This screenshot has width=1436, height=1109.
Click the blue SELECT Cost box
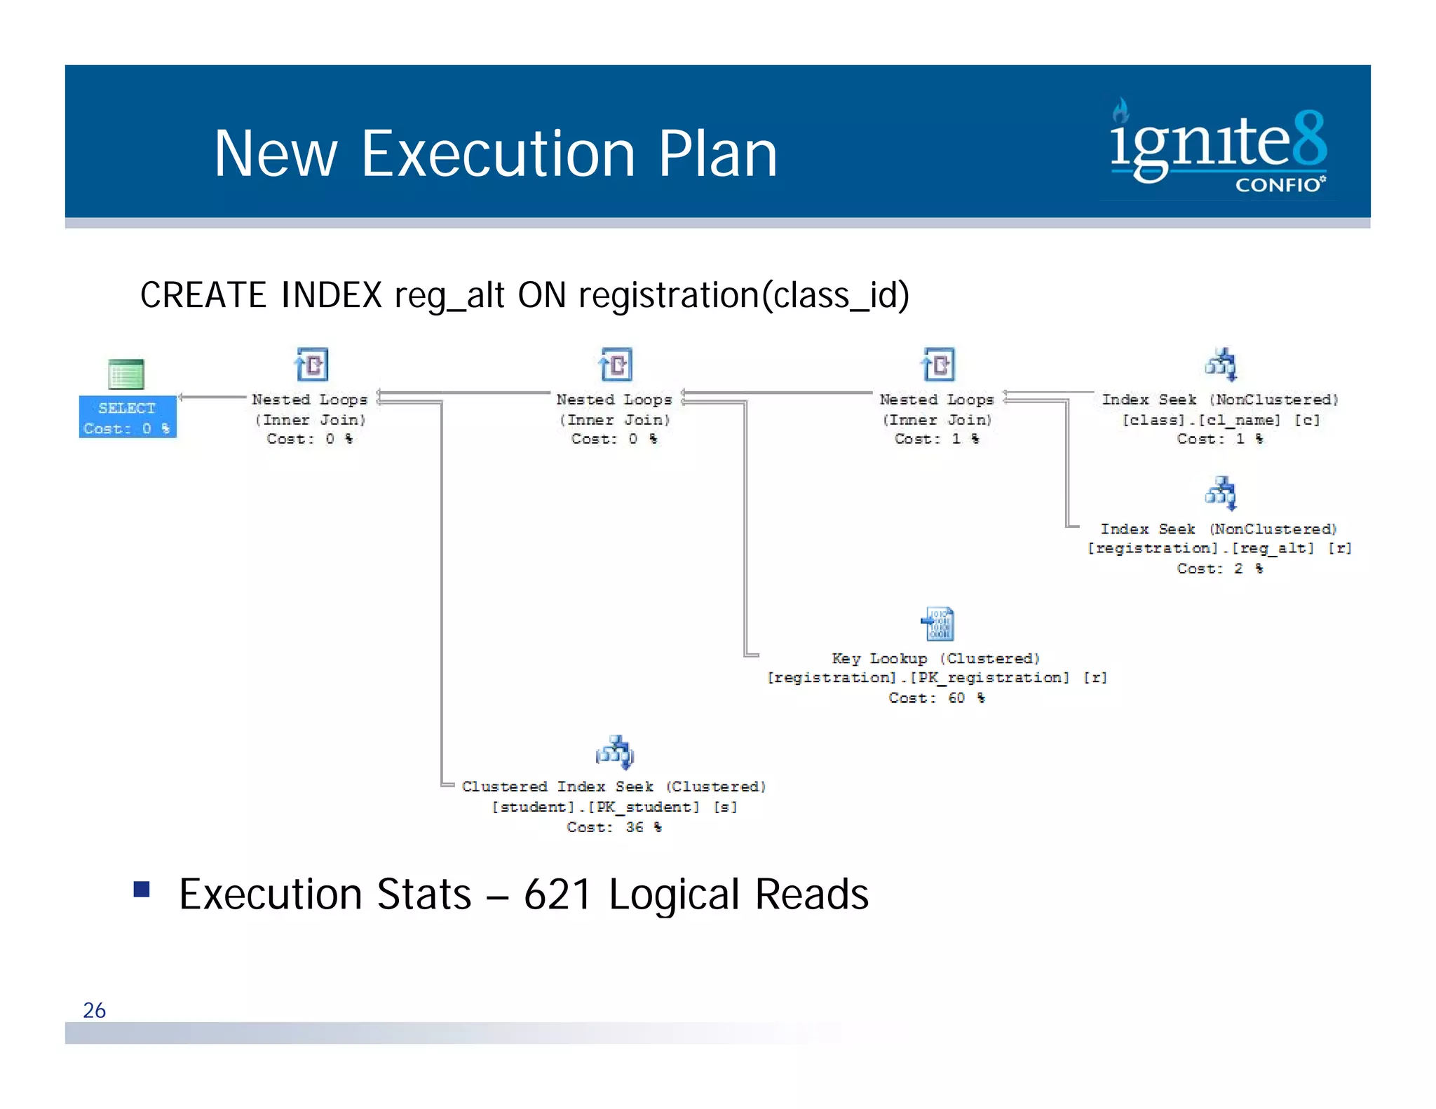click(x=127, y=417)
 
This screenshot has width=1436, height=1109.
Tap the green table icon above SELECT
click(x=126, y=374)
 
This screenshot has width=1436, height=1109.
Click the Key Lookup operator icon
click(x=937, y=624)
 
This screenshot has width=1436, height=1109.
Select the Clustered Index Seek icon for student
click(x=614, y=752)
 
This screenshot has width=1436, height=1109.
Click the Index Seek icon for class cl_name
click(x=1221, y=365)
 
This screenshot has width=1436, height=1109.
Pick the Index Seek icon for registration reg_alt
click(x=1221, y=494)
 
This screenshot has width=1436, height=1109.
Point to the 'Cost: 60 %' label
click(x=936, y=698)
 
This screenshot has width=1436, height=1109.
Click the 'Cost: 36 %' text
click(x=614, y=827)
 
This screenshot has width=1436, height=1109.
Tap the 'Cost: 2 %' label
click(x=1219, y=569)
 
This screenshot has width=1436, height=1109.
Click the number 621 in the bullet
click(x=557, y=894)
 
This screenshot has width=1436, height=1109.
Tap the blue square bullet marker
click(x=142, y=890)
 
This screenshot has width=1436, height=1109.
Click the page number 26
click(x=94, y=1010)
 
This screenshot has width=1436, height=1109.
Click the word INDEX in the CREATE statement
click(x=331, y=295)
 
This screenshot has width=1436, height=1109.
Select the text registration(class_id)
click(x=744, y=295)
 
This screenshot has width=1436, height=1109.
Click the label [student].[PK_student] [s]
click(x=614, y=807)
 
